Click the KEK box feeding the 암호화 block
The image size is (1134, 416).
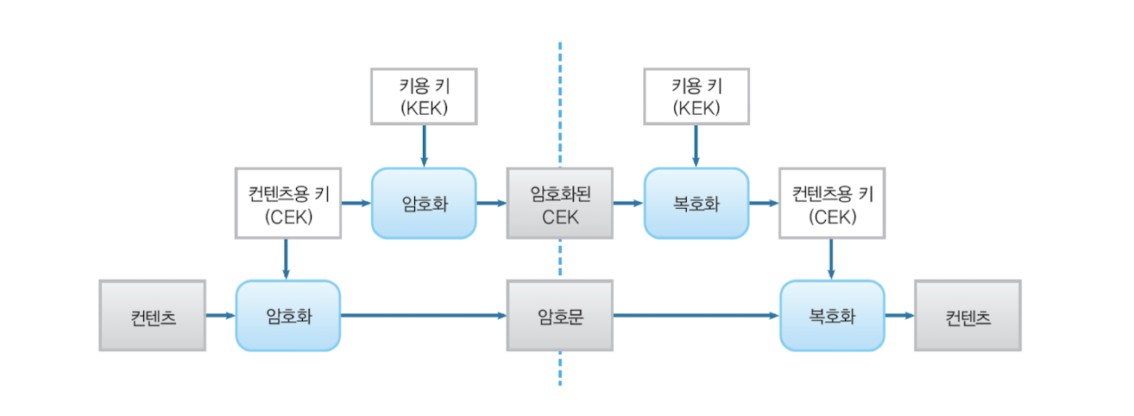click(423, 96)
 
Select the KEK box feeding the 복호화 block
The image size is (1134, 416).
click(696, 96)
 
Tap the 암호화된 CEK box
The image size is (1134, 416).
click(559, 204)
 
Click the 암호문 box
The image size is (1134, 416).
click(559, 315)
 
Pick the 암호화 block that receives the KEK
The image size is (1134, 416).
click(423, 204)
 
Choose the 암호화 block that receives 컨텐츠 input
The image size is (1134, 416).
click(287, 315)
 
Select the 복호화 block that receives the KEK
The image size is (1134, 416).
click(696, 204)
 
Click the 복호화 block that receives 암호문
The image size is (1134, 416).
click(831, 315)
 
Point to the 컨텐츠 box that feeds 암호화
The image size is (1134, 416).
click(152, 315)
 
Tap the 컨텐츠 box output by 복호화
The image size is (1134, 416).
click(967, 315)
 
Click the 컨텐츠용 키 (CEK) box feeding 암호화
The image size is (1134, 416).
click(287, 204)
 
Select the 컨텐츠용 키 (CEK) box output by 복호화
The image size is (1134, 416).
click(831, 204)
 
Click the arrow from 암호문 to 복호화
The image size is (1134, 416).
click(696, 315)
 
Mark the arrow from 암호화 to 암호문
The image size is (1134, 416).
click(423, 315)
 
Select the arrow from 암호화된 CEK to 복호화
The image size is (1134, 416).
click(627, 204)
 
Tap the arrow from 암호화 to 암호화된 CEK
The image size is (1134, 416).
click(491, 204)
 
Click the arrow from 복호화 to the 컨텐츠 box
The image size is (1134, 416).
click(898, 315)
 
